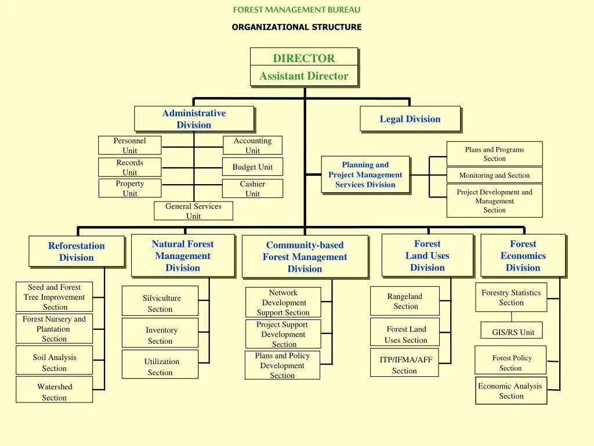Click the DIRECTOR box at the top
(304, 57)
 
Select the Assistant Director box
(304, 76)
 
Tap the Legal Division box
(410, 119)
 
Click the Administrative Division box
(194, 119)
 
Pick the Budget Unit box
(252, 167)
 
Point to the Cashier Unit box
(252, 189)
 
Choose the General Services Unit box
(193, 211)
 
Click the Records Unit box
(129, 167)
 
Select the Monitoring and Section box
(494, 175)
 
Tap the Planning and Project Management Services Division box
(365, 175)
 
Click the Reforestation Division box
(77, 251)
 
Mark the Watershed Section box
(54, 392)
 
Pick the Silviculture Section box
(160, 303)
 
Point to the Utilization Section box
(160, 366)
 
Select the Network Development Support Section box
(283, 303)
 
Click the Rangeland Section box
(405, 301)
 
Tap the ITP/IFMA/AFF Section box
(404, 365)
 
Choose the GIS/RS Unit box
(512, 332)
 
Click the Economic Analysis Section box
(511, 391)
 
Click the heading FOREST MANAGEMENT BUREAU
(296, 9)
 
